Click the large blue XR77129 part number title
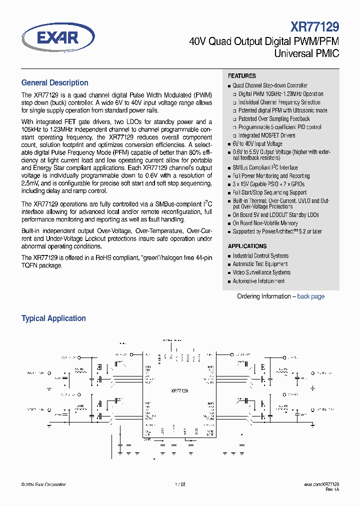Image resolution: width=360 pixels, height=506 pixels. click(x=314, y=26)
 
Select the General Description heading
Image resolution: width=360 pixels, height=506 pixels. click(x=54, y=83)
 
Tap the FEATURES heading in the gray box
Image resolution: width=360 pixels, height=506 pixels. click(x=242, y=76)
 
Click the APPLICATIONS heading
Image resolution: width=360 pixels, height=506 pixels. click(x=247, y=246)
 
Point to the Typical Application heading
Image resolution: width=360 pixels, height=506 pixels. click(x=53, y=318)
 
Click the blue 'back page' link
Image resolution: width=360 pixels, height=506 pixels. click(x=310, y=296)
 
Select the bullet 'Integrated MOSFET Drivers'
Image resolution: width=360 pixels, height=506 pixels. click(x=266, y=135)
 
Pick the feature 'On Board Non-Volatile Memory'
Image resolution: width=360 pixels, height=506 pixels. click(x=265, y=223)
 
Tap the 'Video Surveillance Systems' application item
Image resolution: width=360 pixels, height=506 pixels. click(x=261, y=272)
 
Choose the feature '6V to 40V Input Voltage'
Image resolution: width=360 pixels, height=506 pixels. click(x=257, y=144)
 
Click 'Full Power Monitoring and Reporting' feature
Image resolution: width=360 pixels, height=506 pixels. click(x=271, y=176)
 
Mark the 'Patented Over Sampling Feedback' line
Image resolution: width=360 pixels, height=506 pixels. click(x=274, y=119)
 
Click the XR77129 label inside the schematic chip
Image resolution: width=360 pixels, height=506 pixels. click(x=179, y=390)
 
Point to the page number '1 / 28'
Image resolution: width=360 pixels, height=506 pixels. click(x=180, y=484)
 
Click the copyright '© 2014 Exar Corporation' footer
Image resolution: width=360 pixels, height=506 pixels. click(x=44, y=484)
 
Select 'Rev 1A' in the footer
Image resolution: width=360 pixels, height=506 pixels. click(x=332, y=490)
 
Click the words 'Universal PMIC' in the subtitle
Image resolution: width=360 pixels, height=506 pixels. click(x=307, y=53)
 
